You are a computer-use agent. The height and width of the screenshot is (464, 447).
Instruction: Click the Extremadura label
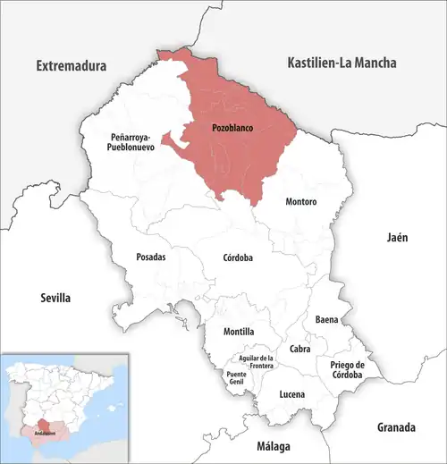[71, 66]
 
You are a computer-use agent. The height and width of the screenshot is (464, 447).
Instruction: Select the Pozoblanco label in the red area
[232, 128]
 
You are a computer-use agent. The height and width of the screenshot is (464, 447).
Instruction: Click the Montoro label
[300, 202]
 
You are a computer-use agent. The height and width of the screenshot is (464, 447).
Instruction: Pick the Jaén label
[396, 237]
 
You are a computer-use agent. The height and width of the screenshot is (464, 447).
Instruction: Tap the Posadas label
[150, 257]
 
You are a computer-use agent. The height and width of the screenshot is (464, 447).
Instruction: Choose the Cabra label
[299, 349]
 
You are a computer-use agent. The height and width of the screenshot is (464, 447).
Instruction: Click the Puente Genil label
[237, 378]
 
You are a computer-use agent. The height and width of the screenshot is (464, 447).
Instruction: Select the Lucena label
[291, 394]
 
